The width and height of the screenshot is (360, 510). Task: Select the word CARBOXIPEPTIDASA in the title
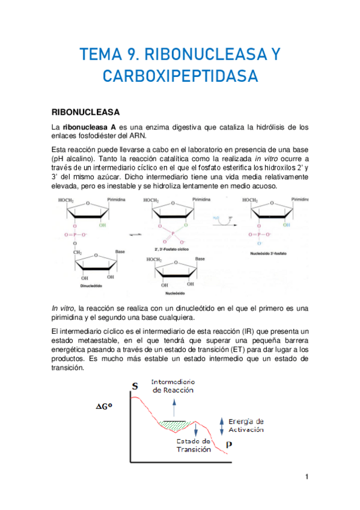click(180, 77)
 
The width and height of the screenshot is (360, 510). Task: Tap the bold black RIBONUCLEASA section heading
click(86, 112)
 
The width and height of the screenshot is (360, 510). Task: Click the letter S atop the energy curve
click(135, 385)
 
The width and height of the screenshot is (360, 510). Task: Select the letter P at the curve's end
click(229, 445)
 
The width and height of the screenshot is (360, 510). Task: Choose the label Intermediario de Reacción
click(172, 386)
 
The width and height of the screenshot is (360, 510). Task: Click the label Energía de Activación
click(246, 426)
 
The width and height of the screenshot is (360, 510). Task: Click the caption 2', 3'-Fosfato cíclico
click(172, 248)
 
